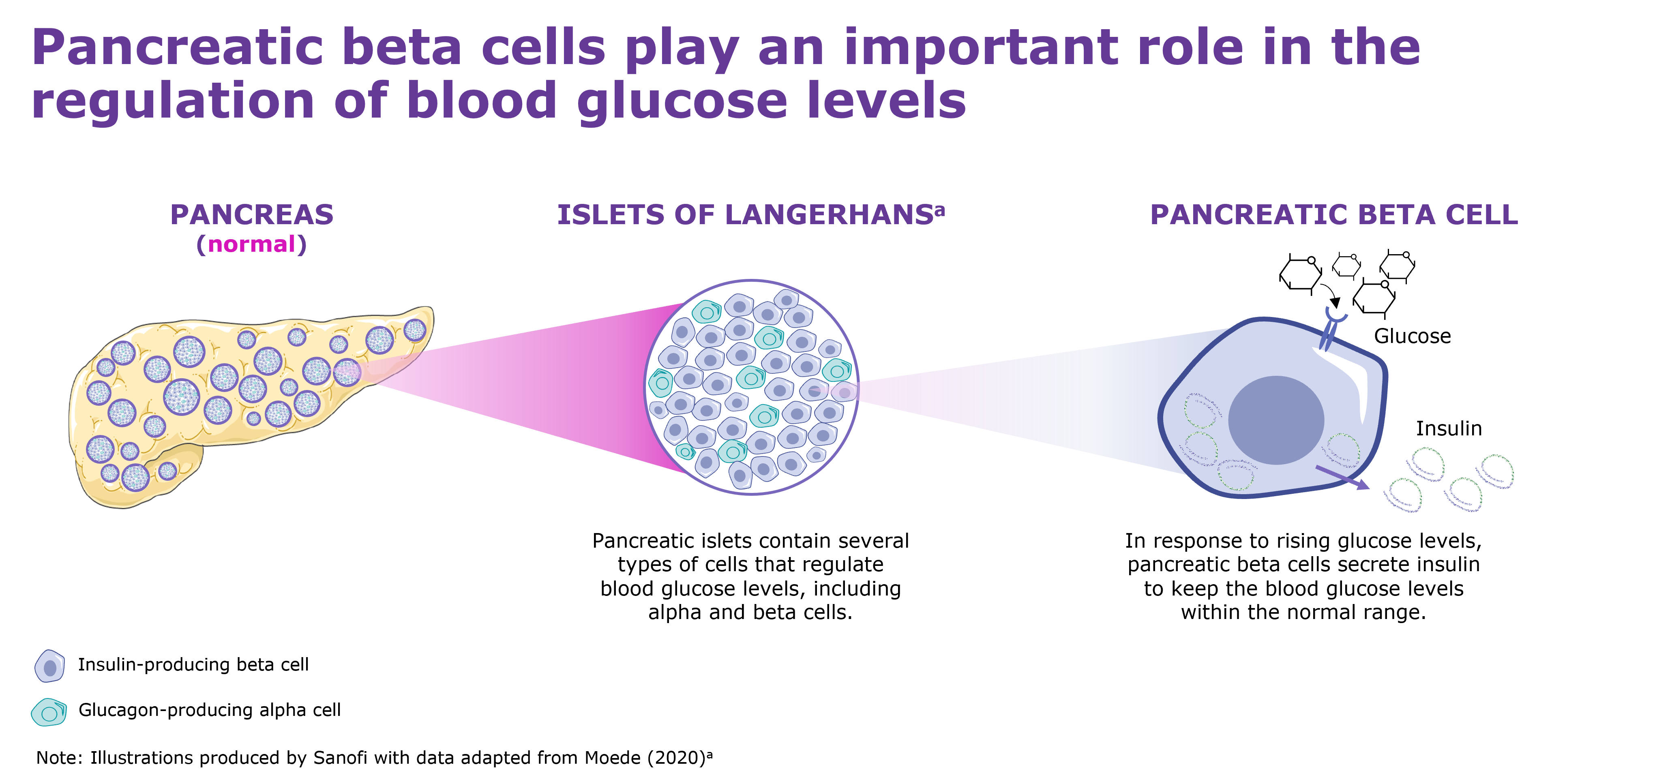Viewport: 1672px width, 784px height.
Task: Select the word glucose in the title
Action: click(x=682, y=103)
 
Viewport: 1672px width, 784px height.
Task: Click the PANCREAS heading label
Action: click(x=252, y=215)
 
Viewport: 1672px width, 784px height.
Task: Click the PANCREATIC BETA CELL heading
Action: click(x=1334, y=215)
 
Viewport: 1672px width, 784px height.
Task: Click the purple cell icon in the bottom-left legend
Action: click(x=50, y=666)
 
